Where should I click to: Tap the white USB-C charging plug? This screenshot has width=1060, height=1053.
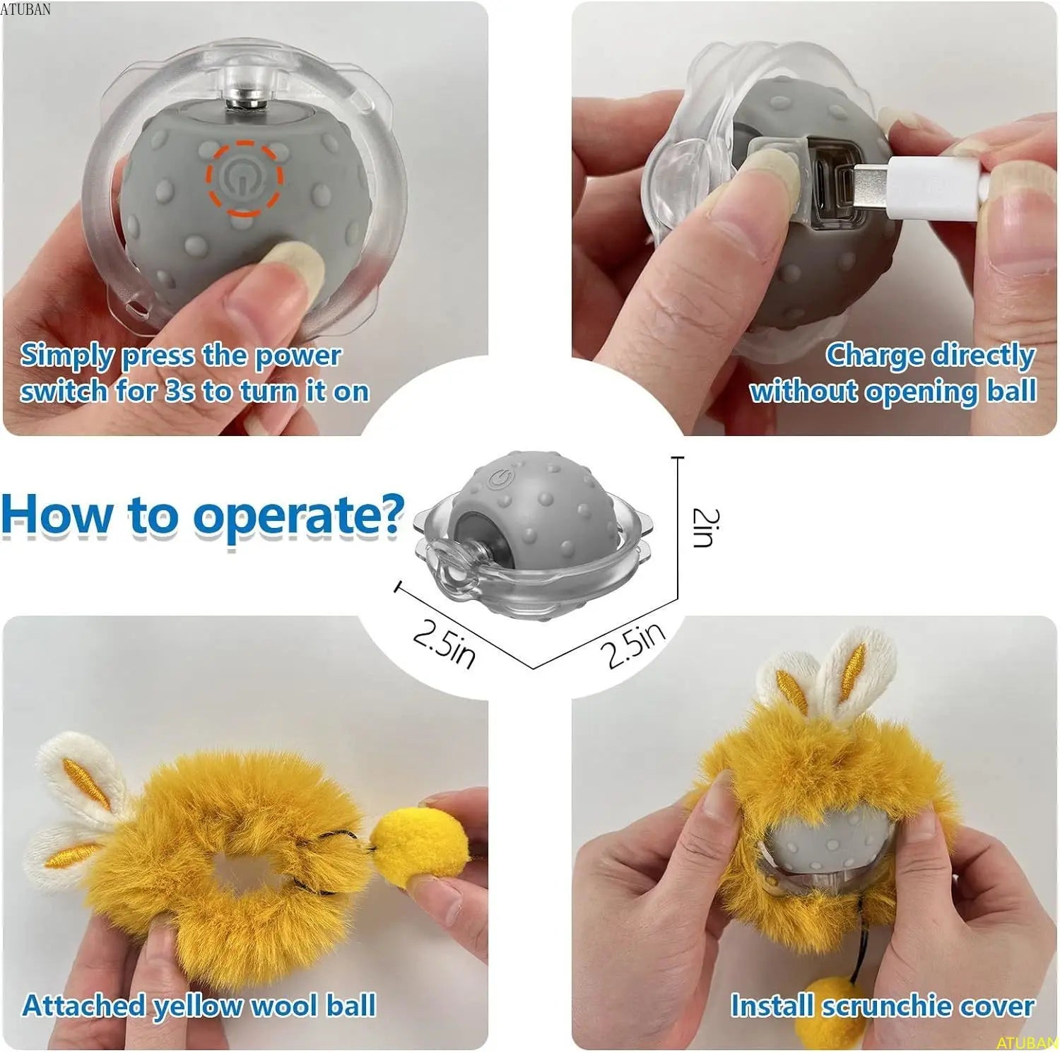[x=919, y=185]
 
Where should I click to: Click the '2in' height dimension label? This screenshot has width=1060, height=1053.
[x=705, y=527]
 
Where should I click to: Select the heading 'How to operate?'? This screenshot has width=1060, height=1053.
[x=202, y=514]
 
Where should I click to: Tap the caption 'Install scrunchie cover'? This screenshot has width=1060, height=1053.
[x=882, y=1005]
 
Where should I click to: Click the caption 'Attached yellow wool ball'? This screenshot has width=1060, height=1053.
[x=199, y=1005]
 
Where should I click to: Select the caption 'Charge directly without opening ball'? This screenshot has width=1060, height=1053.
[x=894, y=373]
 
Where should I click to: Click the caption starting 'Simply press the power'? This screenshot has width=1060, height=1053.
[x=194, y=373]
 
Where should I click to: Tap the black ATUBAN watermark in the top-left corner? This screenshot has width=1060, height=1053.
[x=25, y=8]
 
